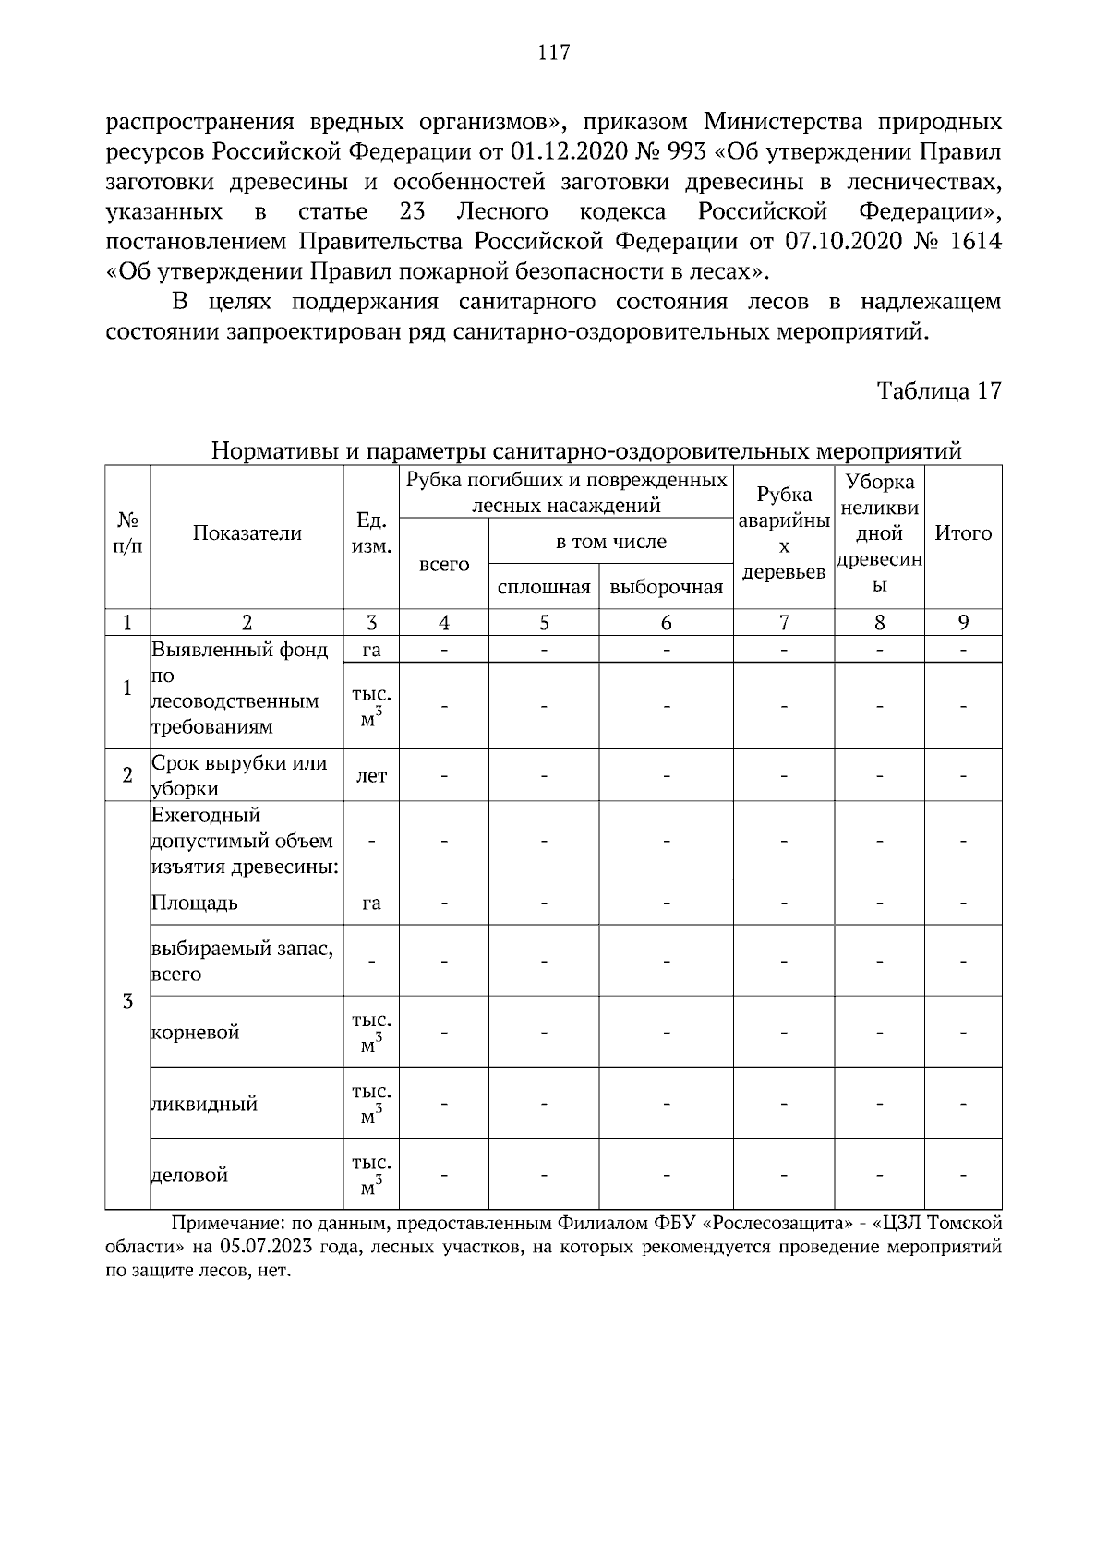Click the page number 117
(x=554, y=53)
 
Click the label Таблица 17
(x=939, y=390)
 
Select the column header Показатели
(x=247, y=533)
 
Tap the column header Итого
(x=963, y=533)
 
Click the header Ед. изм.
(x=371, y=533)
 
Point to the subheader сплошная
(x=544, y=587)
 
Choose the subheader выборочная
(x=666, y=587)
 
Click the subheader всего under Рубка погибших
(x=444, y=564)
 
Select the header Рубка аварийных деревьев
(x=784, y=533)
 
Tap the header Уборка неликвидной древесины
(x=879, y=533)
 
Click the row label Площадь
(x=195, y=903)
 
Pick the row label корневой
(x=196, y=1032)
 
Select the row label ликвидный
(x=204, y=1104)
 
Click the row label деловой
(x=189, y=1176)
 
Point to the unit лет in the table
(x=371, y=775)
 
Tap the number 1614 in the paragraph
(x=970, y=243)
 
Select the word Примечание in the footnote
(x=228, y=1225)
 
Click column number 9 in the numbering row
(x=963, y=623)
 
